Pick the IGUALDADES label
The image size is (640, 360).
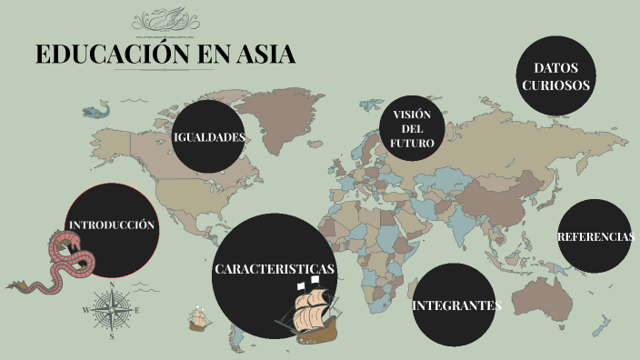(210, 137)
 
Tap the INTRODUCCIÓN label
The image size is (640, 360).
(112, 225)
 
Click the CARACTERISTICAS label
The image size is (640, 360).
(275, 270)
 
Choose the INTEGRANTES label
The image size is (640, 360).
(456, 305)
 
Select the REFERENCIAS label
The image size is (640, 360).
(595, 236)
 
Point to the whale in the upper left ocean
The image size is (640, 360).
(95, 111)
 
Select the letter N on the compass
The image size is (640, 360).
(112, 290)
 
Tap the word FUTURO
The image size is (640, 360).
(412, 144)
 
